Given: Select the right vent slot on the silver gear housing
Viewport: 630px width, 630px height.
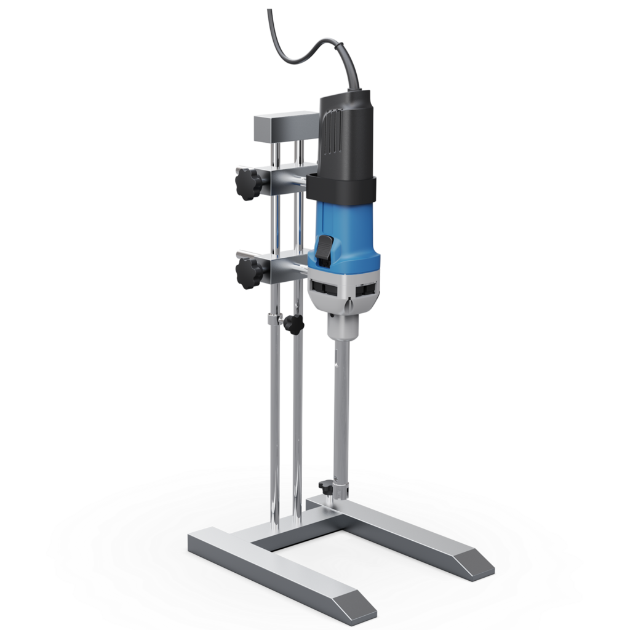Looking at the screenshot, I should tap(368, 287).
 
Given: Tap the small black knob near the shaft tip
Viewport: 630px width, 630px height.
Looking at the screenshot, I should tap(323, 487).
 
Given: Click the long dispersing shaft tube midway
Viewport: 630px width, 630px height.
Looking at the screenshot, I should tap(340, 412).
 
